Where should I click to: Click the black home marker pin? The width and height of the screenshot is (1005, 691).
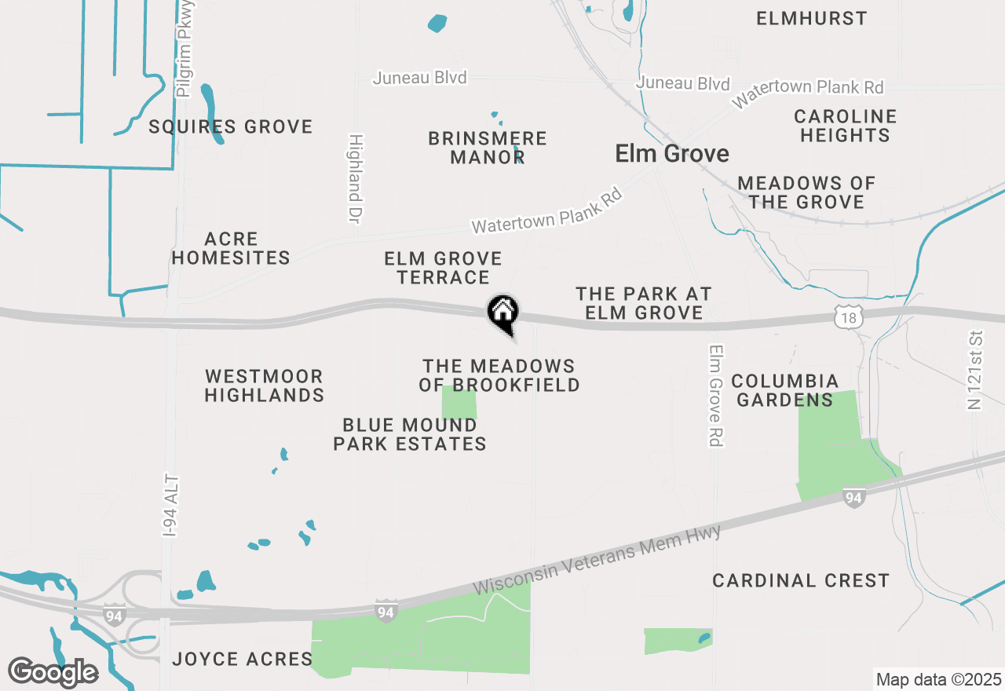point(503,313)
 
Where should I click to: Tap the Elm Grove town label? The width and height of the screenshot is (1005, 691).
point(672,153)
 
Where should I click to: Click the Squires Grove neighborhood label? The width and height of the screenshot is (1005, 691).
point(231,126)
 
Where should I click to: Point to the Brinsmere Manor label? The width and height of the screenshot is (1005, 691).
point(487,148)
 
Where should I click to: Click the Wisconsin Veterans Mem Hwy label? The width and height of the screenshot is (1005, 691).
point(597,561)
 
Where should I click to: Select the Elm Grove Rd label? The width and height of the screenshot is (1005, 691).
point(714,396)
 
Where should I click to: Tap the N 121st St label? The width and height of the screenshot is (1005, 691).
point(976,370)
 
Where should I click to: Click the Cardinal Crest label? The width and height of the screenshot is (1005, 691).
point(801,580)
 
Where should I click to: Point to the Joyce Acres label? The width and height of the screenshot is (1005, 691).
point(242,659)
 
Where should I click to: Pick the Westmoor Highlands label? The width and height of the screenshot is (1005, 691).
point(265,386)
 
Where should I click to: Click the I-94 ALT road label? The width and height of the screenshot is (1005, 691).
point(172,506)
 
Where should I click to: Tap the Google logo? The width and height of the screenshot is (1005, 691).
point(53,672)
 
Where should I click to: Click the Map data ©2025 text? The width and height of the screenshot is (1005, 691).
point(938,679)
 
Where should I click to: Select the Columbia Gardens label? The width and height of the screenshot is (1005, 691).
point(784,390)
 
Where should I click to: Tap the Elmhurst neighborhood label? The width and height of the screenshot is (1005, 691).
point(812,18)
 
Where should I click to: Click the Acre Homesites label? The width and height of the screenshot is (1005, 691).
point(231,248)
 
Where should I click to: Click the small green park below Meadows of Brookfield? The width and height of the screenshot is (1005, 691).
point(459,403)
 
